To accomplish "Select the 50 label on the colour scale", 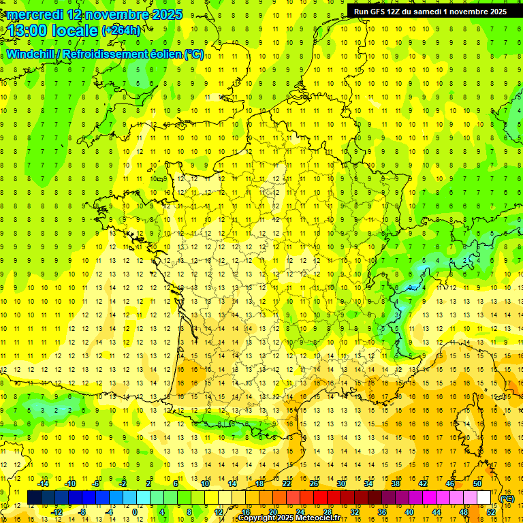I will coord(477,484).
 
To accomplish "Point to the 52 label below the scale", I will coord(491,512).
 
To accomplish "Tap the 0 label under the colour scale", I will coord(135,512).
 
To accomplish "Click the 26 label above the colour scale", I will coord(314,484).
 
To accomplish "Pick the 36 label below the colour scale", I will coord(382,512).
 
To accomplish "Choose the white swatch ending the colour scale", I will coord(484,498).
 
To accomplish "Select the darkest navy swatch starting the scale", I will coord(34,498).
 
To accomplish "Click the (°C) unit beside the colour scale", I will coord(507,498).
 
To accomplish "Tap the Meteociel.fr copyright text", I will coord(289,518).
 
